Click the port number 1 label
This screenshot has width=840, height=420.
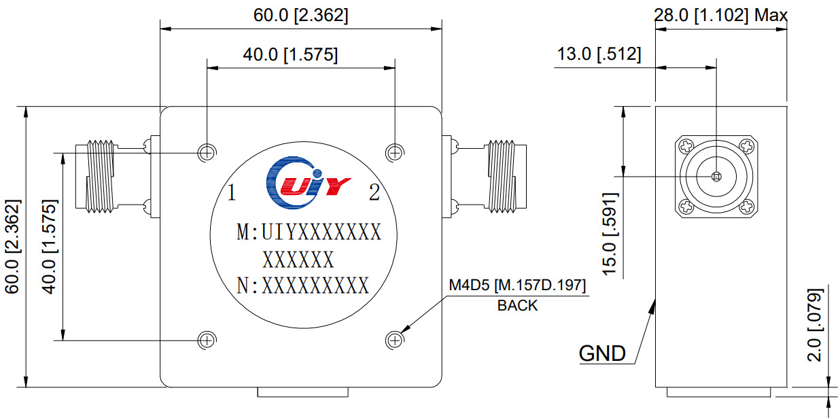tap(232, 194)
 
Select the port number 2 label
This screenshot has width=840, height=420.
tap(374, 193)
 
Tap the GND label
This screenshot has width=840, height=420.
tap(602, 353)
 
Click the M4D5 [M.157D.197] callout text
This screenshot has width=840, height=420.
tap(517, 285)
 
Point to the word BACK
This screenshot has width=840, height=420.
tap(517, 306)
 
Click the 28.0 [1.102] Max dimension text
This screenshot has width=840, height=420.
tap(720, 15)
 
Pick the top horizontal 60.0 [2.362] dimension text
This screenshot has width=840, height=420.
tap(300, 16)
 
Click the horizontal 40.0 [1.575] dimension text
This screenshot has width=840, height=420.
tap(290, 55)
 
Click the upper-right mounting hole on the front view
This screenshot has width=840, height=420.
tap(394, 152)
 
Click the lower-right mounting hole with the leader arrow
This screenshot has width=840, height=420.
tap(394, 339)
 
